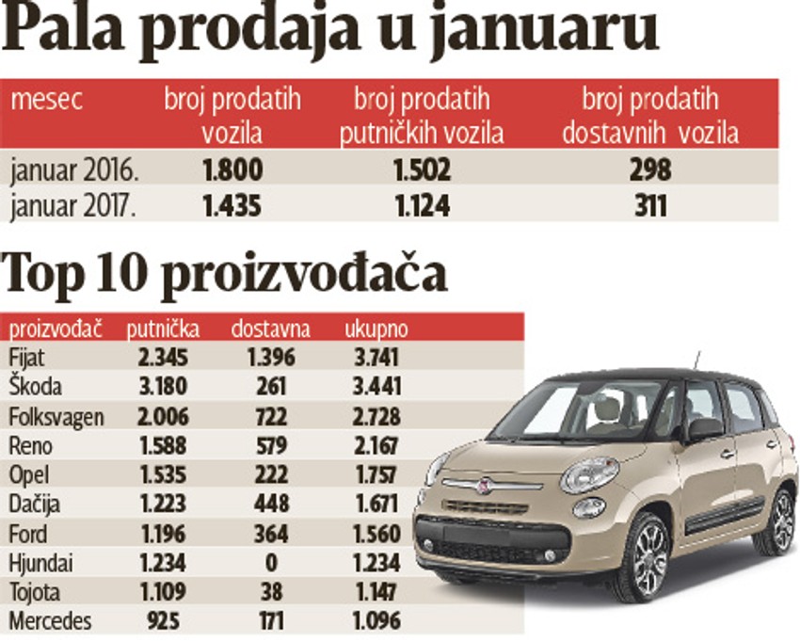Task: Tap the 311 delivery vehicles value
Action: click(x=650, y=205)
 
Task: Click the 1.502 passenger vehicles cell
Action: click(x=422, y=169)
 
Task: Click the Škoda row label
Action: click(x=36, y=386)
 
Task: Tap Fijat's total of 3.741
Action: click(x=375, y=357)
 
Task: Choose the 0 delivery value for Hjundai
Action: click(x=270, y=563)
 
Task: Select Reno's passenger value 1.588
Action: click(x=163, y=445)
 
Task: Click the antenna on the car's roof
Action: click(x=696, y=361)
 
